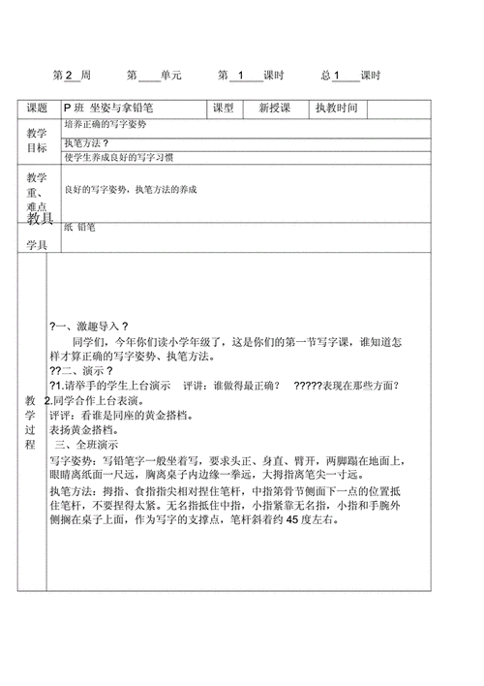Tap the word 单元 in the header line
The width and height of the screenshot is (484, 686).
(170, 75)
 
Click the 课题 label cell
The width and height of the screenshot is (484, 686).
(37, 109)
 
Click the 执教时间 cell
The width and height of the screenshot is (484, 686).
(336, 109)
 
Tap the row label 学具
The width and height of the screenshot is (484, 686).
(37, 245)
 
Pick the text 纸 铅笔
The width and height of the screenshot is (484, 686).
(81, 227)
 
